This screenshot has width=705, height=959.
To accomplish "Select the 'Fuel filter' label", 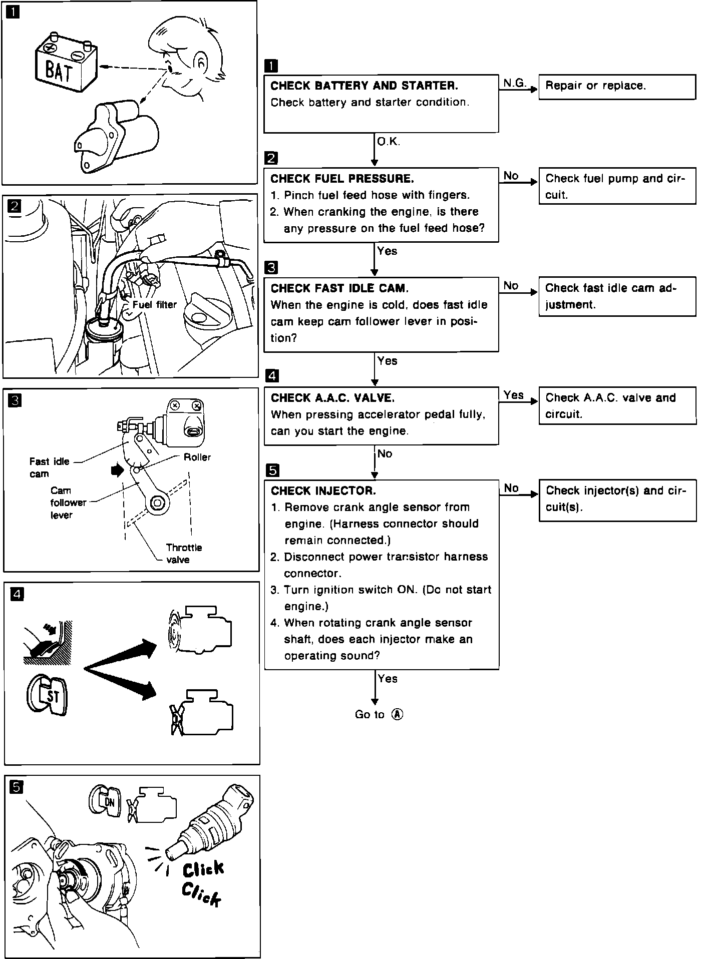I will (x=154, y=304).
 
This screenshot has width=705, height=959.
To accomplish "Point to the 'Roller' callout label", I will (x=197, y=457).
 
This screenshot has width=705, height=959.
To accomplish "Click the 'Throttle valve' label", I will (x=184, y=554).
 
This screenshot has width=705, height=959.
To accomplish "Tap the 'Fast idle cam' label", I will (x=49, y=467).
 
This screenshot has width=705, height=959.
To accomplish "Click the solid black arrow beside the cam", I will (x=117, y=469).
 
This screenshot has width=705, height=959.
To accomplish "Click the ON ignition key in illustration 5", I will (x=105, y=801).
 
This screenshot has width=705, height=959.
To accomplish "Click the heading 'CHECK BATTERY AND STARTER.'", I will (x=364, y=86).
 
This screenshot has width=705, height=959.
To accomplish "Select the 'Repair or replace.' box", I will (x=616, y=87).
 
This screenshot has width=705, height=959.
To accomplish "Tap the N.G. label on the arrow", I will (x=514, y=83).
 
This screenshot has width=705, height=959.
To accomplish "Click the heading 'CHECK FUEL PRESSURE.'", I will (x=342, y=179).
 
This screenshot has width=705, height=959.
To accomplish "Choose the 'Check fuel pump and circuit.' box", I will (x=616, y=186).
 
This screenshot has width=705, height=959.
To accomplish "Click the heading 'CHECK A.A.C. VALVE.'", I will (x=332, y=398).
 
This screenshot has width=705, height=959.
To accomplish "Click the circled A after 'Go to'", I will (x=397, y=714).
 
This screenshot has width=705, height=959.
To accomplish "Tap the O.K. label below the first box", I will (x=388, y=142).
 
